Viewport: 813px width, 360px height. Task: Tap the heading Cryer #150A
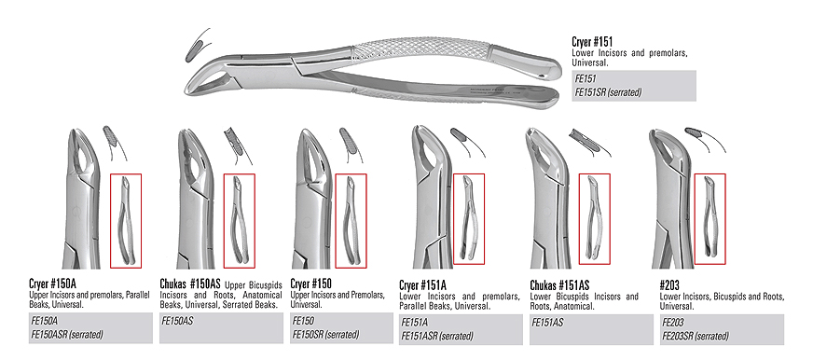54,284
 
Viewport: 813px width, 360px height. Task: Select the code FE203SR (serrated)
696,336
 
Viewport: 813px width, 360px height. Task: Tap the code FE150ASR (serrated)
66,334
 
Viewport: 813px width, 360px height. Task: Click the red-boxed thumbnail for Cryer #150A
126,220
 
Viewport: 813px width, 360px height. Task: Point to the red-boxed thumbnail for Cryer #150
351,220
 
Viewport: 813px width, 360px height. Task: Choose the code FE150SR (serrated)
326,334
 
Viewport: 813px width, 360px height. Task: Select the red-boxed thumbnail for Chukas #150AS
241,220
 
